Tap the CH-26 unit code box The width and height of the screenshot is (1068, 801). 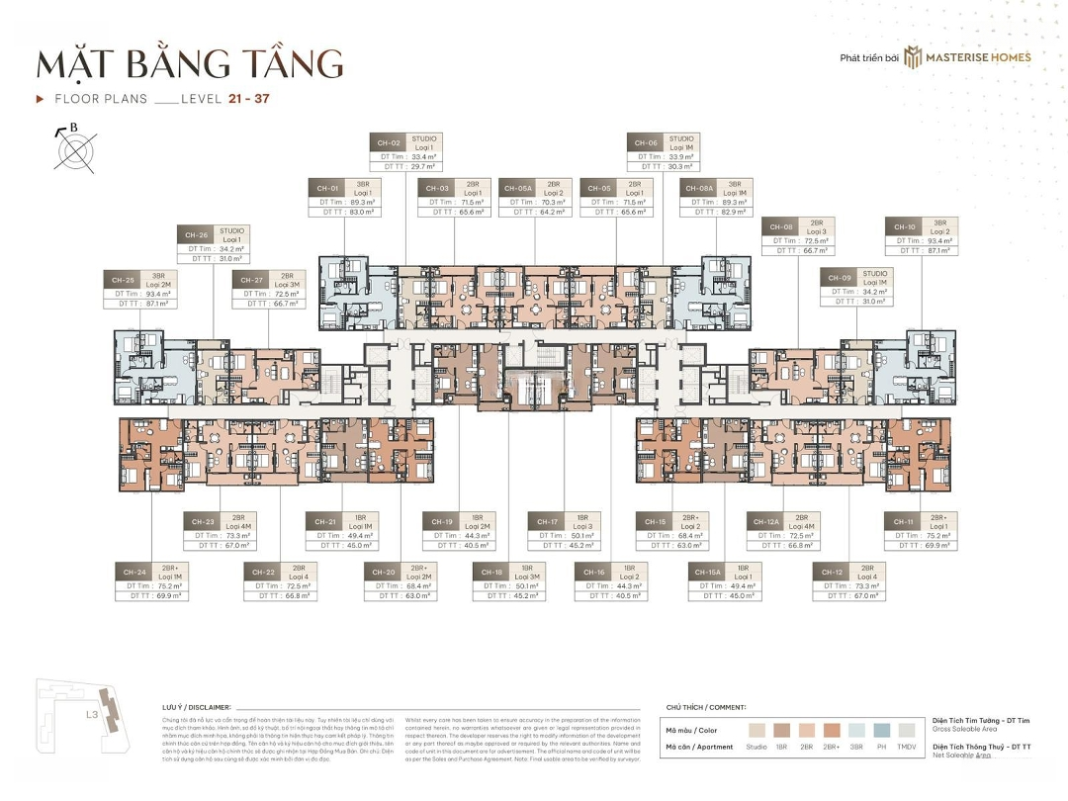[x=194, y=235]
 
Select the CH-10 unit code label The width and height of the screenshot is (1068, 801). [x=903, y=226]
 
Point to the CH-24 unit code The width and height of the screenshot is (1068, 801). [x=135, y=573]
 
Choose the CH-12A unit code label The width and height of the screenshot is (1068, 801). [x=764, y=521]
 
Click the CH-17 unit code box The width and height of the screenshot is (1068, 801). [x=547, y=521]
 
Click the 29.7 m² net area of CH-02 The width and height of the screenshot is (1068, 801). [x=423, y=167]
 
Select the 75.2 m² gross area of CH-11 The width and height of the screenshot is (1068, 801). [x=937, y=535]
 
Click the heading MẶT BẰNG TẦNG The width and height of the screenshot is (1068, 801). [x=190, y=62]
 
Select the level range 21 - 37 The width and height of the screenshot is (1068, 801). [x=247, y=99]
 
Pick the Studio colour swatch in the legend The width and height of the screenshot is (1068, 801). [x=756, y=730]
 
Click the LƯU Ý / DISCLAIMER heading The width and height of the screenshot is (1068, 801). [x=196, y=707]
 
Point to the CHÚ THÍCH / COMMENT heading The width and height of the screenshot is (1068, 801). [x=706, y=707]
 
